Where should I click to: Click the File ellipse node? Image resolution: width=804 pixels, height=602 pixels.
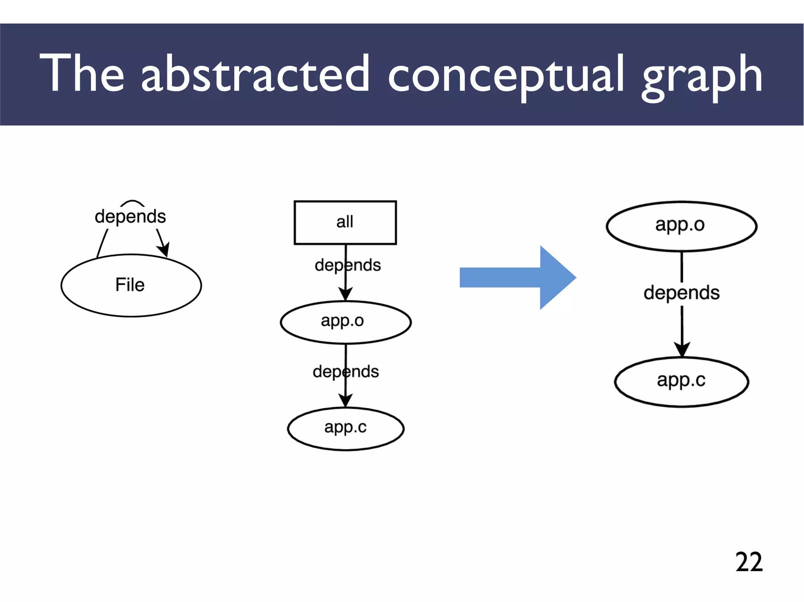click(131, 285)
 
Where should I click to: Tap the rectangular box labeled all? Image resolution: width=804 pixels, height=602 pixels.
click(345, 222)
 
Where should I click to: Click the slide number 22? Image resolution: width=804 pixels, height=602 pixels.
click(749, 562)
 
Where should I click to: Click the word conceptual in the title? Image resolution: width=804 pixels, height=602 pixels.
click(506, 75)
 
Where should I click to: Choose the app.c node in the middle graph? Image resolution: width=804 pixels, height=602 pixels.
click(345, 428)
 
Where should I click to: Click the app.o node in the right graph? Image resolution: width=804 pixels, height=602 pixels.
click(681, 226)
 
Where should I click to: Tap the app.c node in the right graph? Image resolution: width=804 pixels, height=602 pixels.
click(681, 381)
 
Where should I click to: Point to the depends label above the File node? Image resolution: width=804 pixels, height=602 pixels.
click(130, 216)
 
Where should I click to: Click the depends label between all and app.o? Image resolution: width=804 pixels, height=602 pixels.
click(347, 265)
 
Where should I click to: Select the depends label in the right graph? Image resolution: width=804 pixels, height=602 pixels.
click(682, 293)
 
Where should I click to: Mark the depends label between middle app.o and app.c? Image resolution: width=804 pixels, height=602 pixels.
click(346, 371)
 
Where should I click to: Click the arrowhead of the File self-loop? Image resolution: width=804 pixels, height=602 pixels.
click(164, 249)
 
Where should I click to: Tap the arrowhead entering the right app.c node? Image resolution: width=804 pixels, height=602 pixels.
click(682, 349)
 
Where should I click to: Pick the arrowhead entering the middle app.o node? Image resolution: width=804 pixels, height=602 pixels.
click(345, 294)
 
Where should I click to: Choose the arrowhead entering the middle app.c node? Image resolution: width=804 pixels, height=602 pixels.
click(345, 400)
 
